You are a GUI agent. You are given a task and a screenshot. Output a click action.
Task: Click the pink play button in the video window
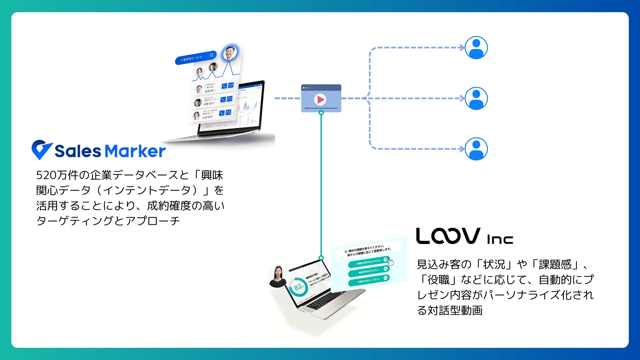click(x=320, y=99)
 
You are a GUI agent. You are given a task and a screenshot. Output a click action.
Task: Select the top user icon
click(x=476, y=48)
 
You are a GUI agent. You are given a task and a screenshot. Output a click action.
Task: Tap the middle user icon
click(x=476, y=98)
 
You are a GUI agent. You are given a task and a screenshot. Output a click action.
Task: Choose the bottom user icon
click(x=476, y=149)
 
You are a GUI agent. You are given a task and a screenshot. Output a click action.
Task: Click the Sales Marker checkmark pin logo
click(x=41, y=149)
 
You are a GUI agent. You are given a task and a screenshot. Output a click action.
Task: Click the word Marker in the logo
click(x=135, y=151)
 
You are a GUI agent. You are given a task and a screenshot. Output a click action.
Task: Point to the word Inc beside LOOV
click(x=499, y=239)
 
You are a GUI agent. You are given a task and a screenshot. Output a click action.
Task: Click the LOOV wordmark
click(x=448, y=236)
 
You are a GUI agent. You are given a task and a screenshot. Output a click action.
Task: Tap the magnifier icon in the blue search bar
click(x=211, y=55)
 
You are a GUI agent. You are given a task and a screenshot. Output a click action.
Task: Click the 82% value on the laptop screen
click(x=298, y=287)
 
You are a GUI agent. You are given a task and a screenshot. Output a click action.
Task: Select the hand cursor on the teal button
click(x=390, y=262)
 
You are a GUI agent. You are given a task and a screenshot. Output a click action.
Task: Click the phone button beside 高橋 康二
click(x=224, y=86)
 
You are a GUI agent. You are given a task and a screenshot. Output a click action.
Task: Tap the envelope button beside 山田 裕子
click(x=228, y=112)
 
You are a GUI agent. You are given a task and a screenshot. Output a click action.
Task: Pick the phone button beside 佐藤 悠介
click(x=223, y=99)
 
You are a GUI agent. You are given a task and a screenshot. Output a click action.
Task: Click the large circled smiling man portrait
click(x=230, y=52)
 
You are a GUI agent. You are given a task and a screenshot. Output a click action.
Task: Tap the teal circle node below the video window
click(x=321, y=113)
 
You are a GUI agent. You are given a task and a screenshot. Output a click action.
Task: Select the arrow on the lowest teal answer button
click(x=385, y=278)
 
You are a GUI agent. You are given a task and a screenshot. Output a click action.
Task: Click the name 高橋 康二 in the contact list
click(x=210, y=91)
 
